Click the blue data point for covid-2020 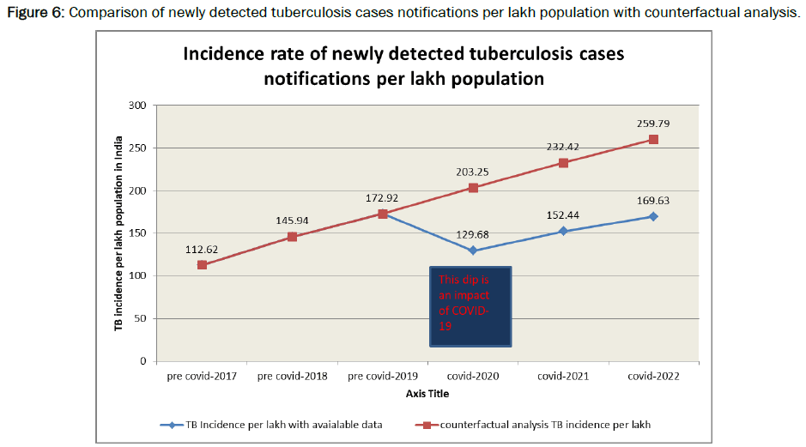point(472,251)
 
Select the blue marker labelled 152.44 point(562,231)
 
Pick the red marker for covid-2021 point(562,163)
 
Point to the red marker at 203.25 point(472,188)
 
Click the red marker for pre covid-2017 point(202,265)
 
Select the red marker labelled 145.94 point(292,237)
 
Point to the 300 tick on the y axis point(137,106)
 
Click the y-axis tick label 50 point(140,318)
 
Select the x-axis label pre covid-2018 point(292,377)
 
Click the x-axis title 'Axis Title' point(427,394)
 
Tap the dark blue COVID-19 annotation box point(470,306)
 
